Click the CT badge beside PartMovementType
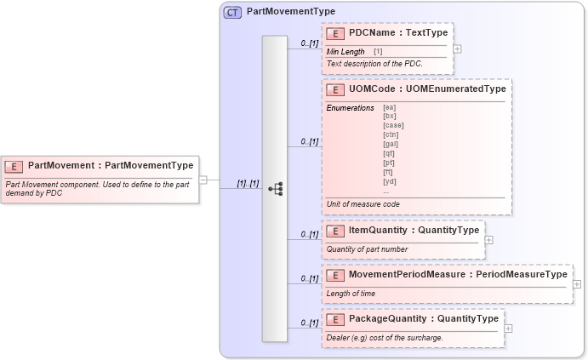pos(231,13)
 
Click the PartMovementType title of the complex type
pos(290,13)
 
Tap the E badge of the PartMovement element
pos(14,166)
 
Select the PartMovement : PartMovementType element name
pos(111,166)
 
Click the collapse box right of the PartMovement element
pos(203,180)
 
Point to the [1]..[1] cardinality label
pos(248,183)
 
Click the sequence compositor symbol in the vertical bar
pos(275,189)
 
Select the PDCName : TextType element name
pos(397,33)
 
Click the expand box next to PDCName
pos(458,49)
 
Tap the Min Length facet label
pos(345,52)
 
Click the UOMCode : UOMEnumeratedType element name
pos(427,89)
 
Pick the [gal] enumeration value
pos(391,144)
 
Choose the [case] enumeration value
pos(393,125)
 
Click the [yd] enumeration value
pos(390,181)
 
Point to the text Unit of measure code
pos(363,204)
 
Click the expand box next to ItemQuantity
pos(489,240)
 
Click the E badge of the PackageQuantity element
pos(335,319)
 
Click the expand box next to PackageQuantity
pos(509,329)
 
